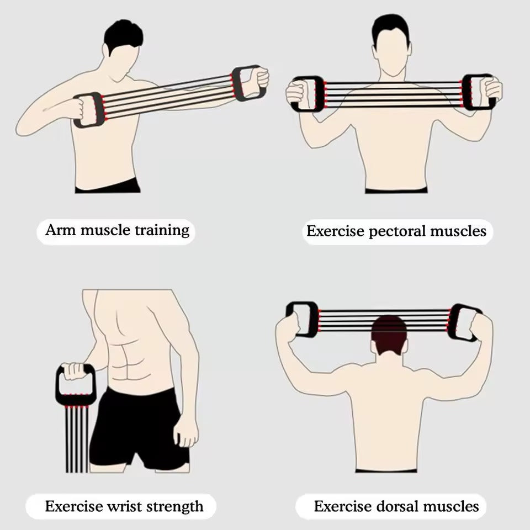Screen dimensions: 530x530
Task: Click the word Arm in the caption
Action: click(x=60, y=230)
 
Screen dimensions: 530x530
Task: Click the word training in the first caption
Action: click(x=162, y=230)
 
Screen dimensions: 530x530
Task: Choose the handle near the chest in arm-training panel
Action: click(x=88, y=109)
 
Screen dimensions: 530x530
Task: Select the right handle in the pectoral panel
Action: click(x=477, y=92)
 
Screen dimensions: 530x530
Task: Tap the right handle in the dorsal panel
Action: click(x=463, y=322)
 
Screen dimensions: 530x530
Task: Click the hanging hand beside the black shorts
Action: click(x=186, y=431)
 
